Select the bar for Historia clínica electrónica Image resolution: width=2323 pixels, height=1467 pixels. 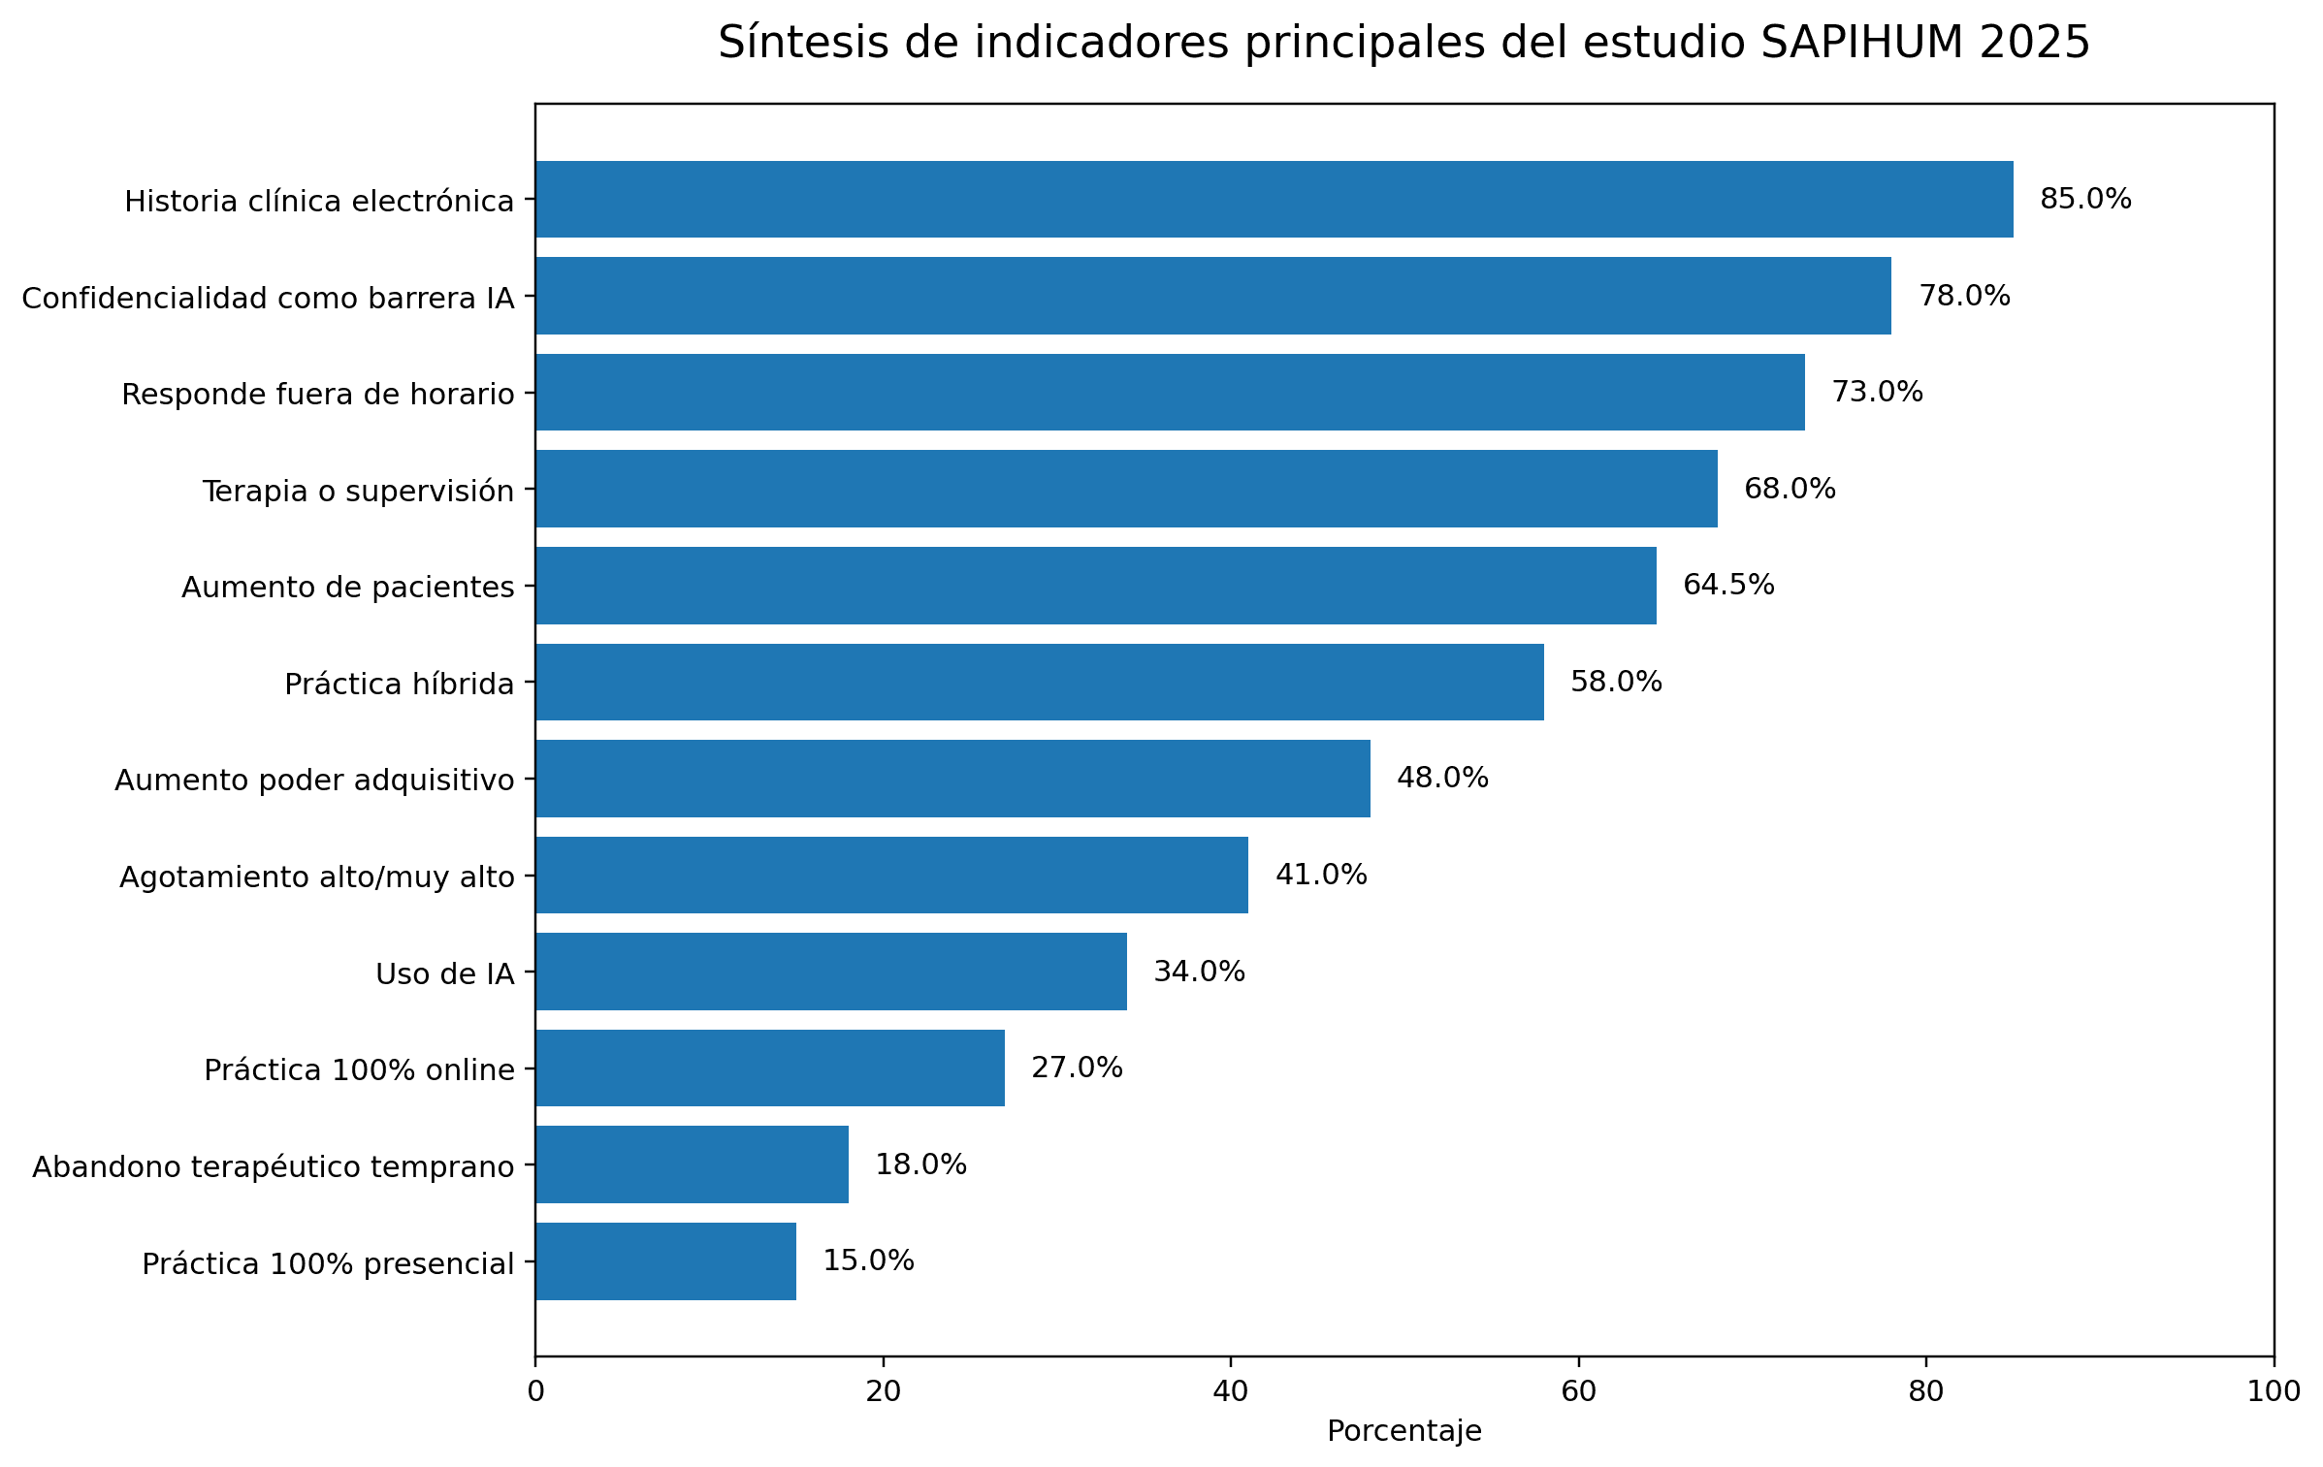pyautogui.click(x=1274, y=199)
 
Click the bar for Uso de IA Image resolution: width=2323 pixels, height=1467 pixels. pyautogui.click(x=830, y=972)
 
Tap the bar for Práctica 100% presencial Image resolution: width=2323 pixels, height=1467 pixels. pyautogui.click(x=665, y=1260)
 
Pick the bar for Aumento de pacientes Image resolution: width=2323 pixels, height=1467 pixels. pyautogui.click(x=1095, y=585)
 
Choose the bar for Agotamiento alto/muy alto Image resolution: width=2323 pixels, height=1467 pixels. pyautogui.click(x=891, y=875)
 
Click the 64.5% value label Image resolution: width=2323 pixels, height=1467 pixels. pyautogui.click(x=1728, y=585)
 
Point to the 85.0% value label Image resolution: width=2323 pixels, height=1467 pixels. pyautogui.click(x=2085, y=199)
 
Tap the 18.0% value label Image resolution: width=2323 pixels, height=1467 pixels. pyautogui.click(x=920, y=1164)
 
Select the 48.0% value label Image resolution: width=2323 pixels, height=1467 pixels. pyautogui.click(x=1442, y=778)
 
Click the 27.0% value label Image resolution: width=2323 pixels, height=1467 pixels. pyautogui.click(x=1077, y=1068)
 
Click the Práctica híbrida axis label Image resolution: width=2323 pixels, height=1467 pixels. pyautogui.click(x=399, y=685)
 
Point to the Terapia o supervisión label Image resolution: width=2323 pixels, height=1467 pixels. pyautogui.click(x=358, y=491)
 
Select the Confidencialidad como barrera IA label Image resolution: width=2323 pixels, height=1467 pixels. pyautogui.click(x=268, y=298)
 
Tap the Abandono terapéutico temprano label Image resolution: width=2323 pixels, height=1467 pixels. pyautogui.click(x=273, y=1166)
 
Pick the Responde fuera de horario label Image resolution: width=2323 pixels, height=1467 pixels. pyautogui.click(x=317, y=395)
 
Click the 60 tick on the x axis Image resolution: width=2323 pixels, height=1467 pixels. pyautogui.click(x=1578, y=1391)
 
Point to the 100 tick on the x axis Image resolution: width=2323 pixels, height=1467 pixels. pyautogui.click(x=2273, y=1391)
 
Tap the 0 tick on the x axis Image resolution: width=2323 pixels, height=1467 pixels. pyautogui.click(x=535, y=1391)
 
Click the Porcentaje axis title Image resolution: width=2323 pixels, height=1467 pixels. pyautogui.click(x=1403, y=1431)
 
